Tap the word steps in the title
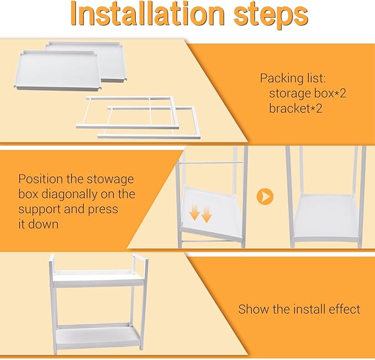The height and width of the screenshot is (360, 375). (x=271, y=15)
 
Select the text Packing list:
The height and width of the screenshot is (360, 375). (x=293, y=78)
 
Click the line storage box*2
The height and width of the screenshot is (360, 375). (x=308, y=93)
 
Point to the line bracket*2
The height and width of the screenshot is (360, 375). (x=295, y=108)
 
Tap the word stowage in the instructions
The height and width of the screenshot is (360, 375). (x=110, y=179)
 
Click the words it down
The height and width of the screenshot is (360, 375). (x=38, y=224)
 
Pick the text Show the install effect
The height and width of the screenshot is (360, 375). (x=299, y=309)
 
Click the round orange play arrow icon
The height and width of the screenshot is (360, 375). (x=265, y=196)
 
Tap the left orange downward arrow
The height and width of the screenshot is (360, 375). (x=194, y=213)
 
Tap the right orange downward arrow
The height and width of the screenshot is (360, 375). (x=207, y=215)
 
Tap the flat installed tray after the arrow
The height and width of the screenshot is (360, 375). (x=326, y=217)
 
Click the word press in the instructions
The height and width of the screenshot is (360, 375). (x=103, y=210)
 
